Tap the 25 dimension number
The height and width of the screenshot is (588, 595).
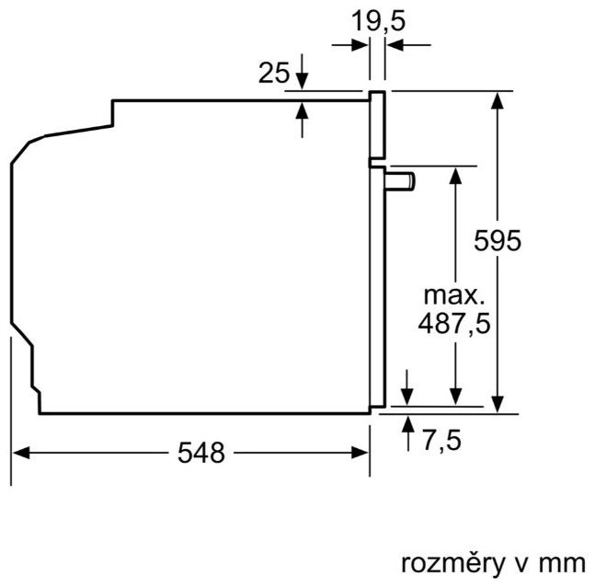pos(273,72)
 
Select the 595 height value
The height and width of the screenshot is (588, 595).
pos(498,241)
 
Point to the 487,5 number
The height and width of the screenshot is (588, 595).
pos(452,323)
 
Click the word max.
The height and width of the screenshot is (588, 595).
pos(452,296)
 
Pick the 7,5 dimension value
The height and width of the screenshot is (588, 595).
pos(440,441)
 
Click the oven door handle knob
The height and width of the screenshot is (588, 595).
pos(402,179)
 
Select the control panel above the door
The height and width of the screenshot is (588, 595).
pos(377,126)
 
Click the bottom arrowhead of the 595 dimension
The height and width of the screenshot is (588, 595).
pos(498,404)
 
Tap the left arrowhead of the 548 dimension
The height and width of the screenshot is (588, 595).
pos(18,453)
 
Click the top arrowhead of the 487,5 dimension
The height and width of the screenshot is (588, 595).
pos(454,175)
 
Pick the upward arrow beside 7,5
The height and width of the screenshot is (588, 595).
pos(408,423)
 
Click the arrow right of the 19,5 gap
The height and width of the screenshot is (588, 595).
pos(394,44)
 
